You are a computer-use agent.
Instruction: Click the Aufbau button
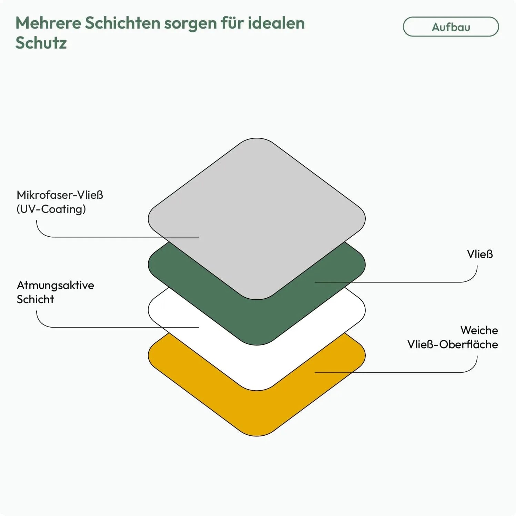point(451,27)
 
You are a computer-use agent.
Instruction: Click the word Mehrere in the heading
point(48,23)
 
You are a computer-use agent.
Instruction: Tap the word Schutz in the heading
point(41,43)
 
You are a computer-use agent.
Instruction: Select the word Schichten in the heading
point(122,23)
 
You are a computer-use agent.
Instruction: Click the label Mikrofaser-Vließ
point(60,195)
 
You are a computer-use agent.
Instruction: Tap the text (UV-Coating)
point(51,209)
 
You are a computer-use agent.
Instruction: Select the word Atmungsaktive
point(55,285)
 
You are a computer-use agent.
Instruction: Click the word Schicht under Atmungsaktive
point(35,299)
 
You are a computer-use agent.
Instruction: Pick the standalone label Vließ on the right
point(479,254)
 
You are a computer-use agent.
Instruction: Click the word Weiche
point(479,330)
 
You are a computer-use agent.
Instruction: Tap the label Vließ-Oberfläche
point(452,344)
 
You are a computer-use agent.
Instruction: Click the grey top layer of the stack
point(257,207)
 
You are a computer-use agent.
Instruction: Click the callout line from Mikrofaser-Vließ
point(103,237)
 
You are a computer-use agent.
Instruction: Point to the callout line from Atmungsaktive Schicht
point(103,327)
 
